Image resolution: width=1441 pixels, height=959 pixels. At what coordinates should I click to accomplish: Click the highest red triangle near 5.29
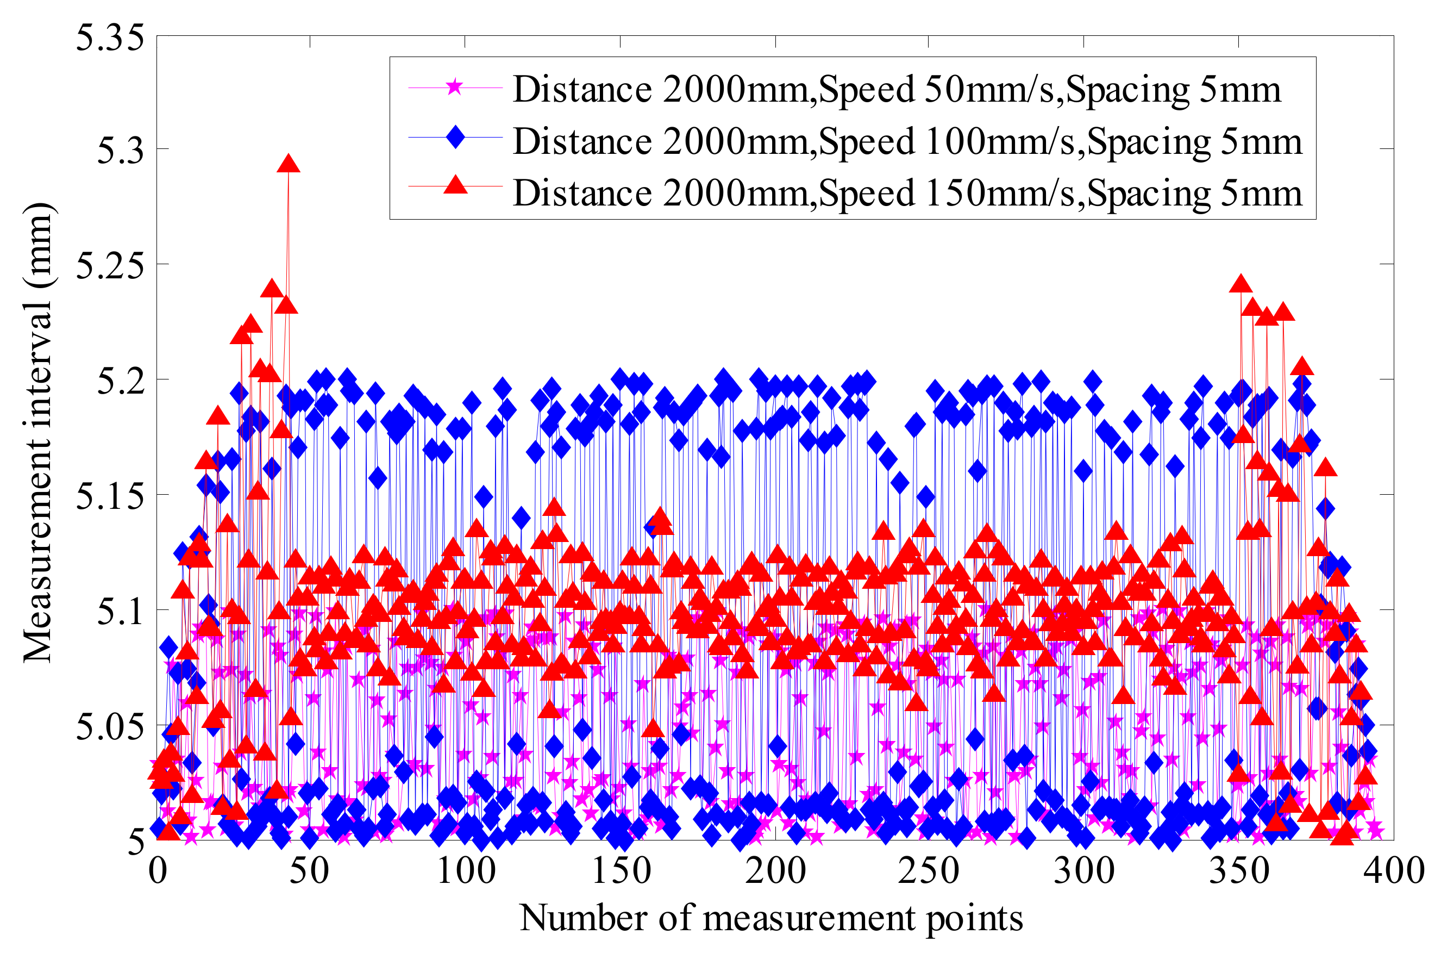288,164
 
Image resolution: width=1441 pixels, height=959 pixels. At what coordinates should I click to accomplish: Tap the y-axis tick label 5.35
101,38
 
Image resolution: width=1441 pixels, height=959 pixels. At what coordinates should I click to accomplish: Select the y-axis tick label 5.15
101,495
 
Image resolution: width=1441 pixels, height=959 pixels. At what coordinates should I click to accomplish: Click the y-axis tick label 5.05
101,725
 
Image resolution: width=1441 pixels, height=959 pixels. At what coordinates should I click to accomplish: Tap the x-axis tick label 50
309,871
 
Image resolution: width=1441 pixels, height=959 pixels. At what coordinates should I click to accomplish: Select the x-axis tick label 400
1394,871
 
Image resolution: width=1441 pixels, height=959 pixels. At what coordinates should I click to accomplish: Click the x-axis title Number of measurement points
771,918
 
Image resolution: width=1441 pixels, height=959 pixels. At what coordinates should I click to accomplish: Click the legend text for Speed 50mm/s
897,90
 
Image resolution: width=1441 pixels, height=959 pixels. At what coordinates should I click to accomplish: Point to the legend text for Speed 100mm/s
907,142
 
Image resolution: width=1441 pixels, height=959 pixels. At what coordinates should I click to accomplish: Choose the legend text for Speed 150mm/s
907,194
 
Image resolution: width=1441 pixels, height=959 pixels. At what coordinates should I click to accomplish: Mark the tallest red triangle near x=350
1240,284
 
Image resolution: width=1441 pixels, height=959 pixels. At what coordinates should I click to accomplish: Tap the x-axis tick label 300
1083,871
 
